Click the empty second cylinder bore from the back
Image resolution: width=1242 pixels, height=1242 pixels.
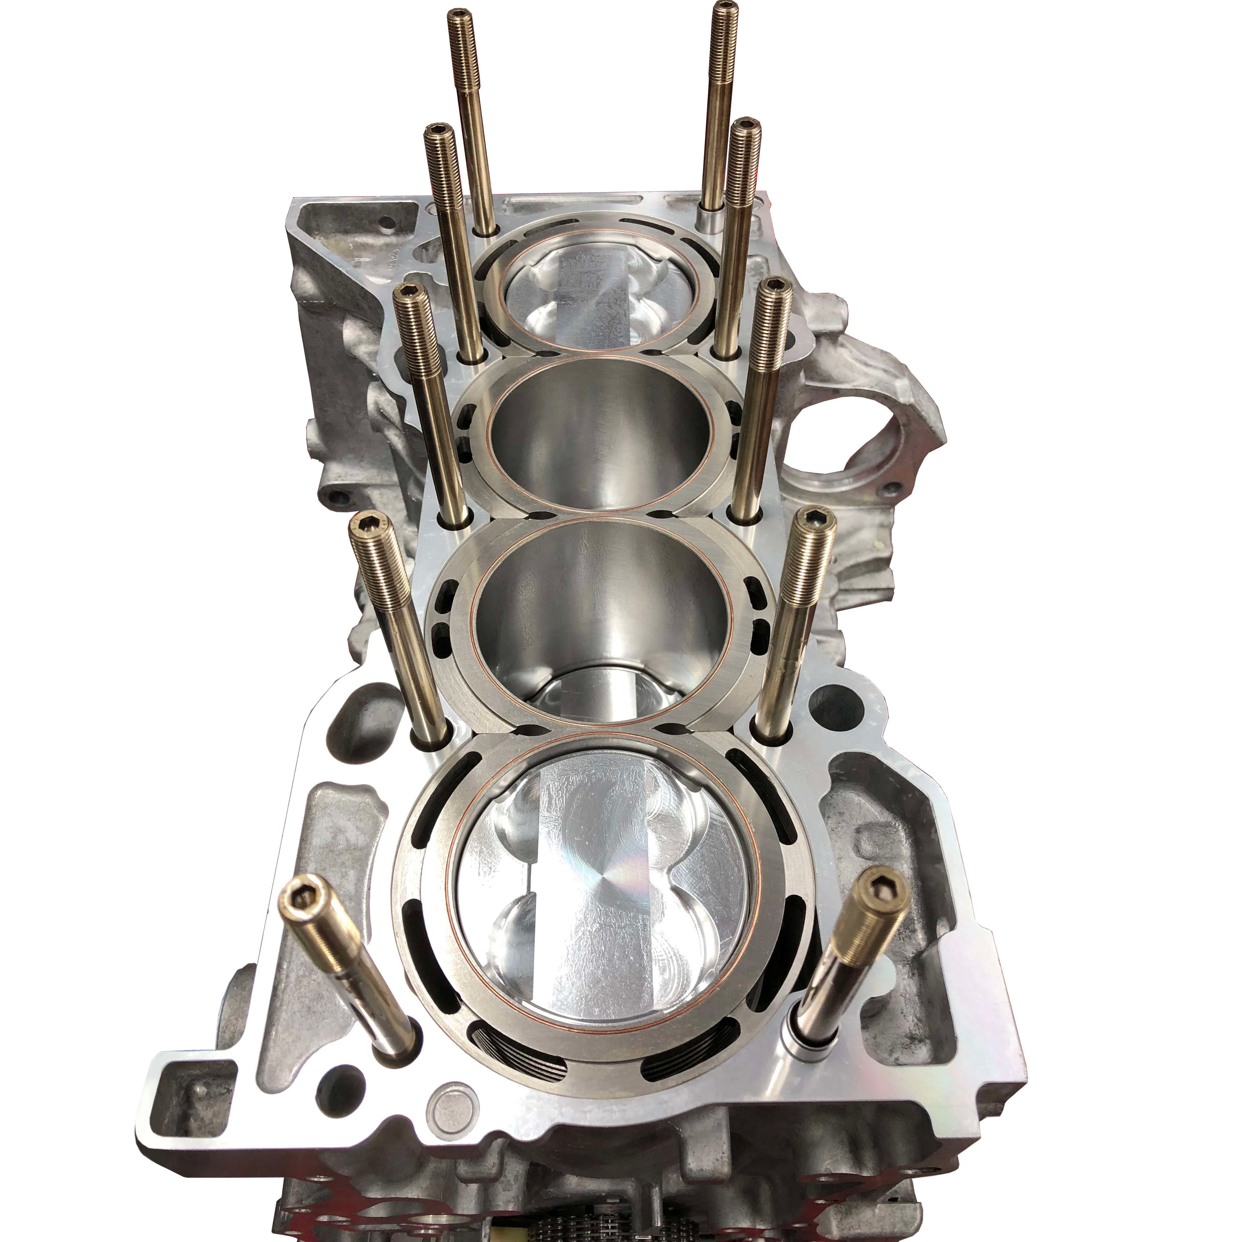(x=601, y=443)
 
